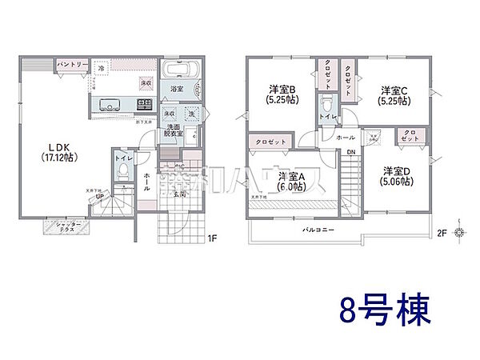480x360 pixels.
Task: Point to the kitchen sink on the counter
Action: (x=110, y=104)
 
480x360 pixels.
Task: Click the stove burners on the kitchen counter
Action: (x=145, y=104)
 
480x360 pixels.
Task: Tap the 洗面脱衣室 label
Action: (x=175, y=132)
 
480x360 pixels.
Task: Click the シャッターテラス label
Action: (x=66, y=229)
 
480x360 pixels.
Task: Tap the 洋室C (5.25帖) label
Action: (x=394, y=94)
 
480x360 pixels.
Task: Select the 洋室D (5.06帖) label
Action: (x=396, y=176)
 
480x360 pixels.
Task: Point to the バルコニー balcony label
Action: (x=318, y=230)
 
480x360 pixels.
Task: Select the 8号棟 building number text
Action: (x=382, y=308)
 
